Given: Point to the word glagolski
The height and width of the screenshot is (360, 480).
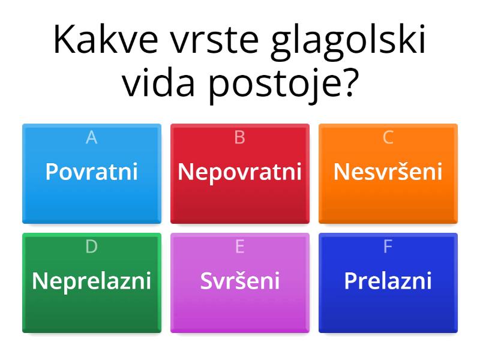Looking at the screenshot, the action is (349, 43).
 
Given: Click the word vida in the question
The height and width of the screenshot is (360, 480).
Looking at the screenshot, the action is (158, 82).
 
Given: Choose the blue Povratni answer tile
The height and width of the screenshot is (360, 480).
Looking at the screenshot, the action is (92, 173).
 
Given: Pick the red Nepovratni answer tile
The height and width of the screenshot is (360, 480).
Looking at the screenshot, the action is (240, 173).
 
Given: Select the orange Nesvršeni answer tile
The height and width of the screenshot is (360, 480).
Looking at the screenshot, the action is (388, 173).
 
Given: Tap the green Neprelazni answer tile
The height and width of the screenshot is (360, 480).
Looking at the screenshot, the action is (92, 283).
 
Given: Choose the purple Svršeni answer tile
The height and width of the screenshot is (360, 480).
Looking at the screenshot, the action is (240, 283).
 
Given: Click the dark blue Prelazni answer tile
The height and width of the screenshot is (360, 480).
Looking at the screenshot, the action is (388, 283).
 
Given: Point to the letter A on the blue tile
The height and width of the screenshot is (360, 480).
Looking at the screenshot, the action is (92, 137).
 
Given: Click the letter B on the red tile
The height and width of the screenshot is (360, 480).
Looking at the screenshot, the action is (239, 137).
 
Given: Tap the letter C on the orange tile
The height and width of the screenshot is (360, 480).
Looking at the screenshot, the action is (388, 137).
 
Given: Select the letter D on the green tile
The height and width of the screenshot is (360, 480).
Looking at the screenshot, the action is (92, 247).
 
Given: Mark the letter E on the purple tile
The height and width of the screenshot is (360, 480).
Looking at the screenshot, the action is (240, 247).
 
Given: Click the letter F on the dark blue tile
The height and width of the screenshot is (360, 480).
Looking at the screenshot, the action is (388, 247).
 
